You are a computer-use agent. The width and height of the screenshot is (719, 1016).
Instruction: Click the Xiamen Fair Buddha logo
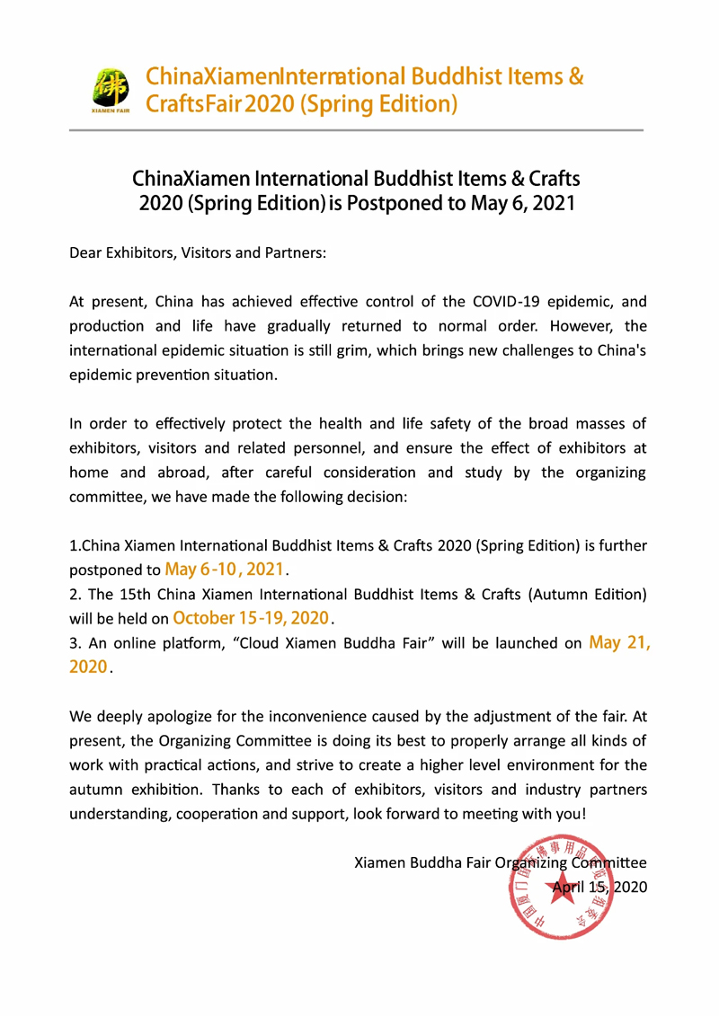[x=111, y=92]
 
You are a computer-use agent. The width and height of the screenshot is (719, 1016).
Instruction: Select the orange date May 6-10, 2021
[x=226, y=570]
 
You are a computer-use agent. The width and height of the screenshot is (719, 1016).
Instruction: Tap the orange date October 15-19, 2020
[x=252, y=618]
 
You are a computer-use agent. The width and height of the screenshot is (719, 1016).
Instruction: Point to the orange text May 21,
[x=619, y=643]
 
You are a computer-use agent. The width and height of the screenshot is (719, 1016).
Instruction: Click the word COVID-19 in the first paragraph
[x=500, y=302]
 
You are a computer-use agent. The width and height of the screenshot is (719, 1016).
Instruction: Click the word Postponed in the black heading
[x=394, y=203]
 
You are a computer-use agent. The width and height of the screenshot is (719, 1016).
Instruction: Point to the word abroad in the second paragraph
[x=182, y=472]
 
